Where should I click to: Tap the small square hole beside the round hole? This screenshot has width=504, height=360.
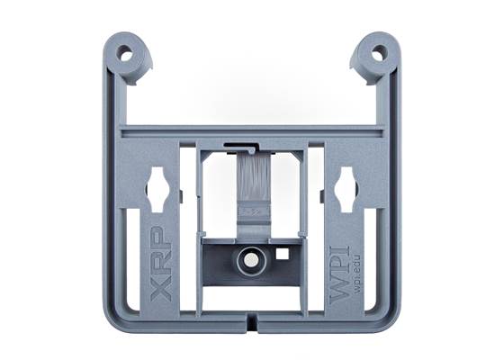tap(282, 254)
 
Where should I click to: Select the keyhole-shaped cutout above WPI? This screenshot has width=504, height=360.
tap(346, 188)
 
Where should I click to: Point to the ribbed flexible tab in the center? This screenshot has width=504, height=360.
tap(254, 184)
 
